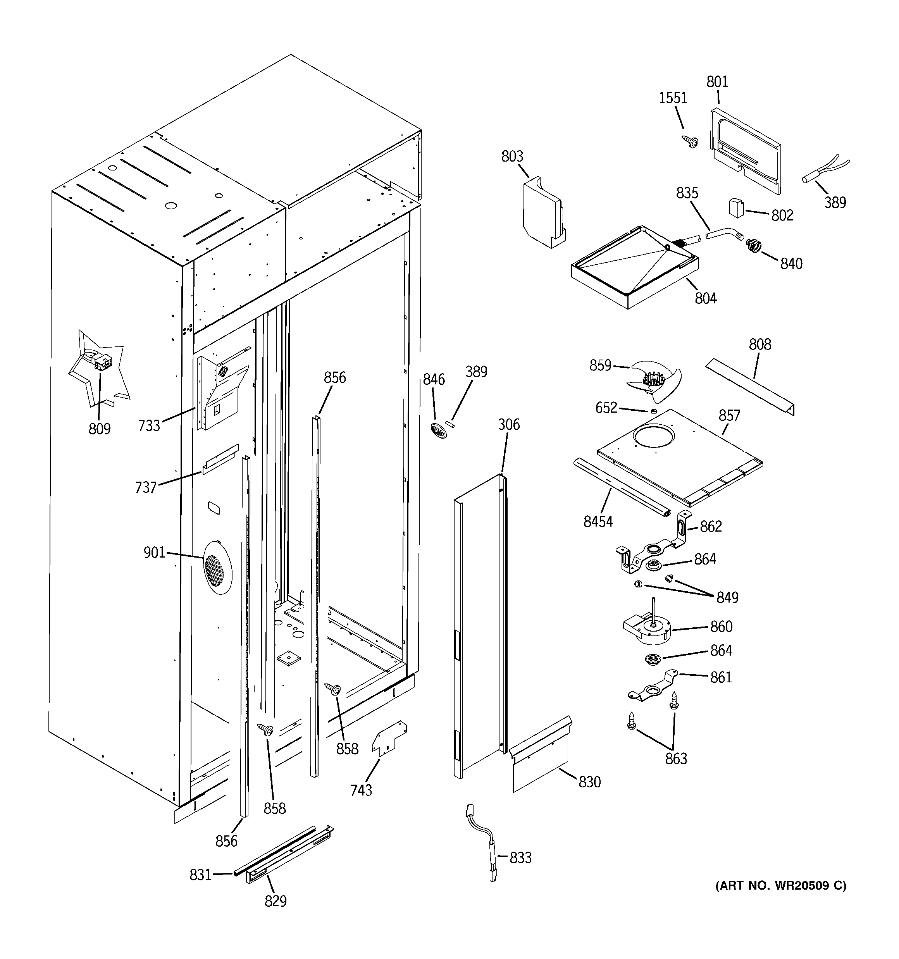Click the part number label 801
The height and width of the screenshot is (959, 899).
(x=717, y=82)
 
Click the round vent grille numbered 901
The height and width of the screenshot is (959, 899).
(x=217, y=567)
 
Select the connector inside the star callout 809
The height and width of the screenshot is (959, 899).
(x=102, y=361)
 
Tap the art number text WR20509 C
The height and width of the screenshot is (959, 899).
(x=780, y=886)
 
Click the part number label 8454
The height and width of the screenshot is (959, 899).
(x=598, y=522)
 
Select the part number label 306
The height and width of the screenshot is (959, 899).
(x=509, y=425)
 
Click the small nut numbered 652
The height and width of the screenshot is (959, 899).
(x=653, y=411)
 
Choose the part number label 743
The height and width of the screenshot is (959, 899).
(x=361, y=790)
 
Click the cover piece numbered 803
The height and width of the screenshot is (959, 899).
(x=543, y=212)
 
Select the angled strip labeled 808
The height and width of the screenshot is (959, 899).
(x=750, y=386)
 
